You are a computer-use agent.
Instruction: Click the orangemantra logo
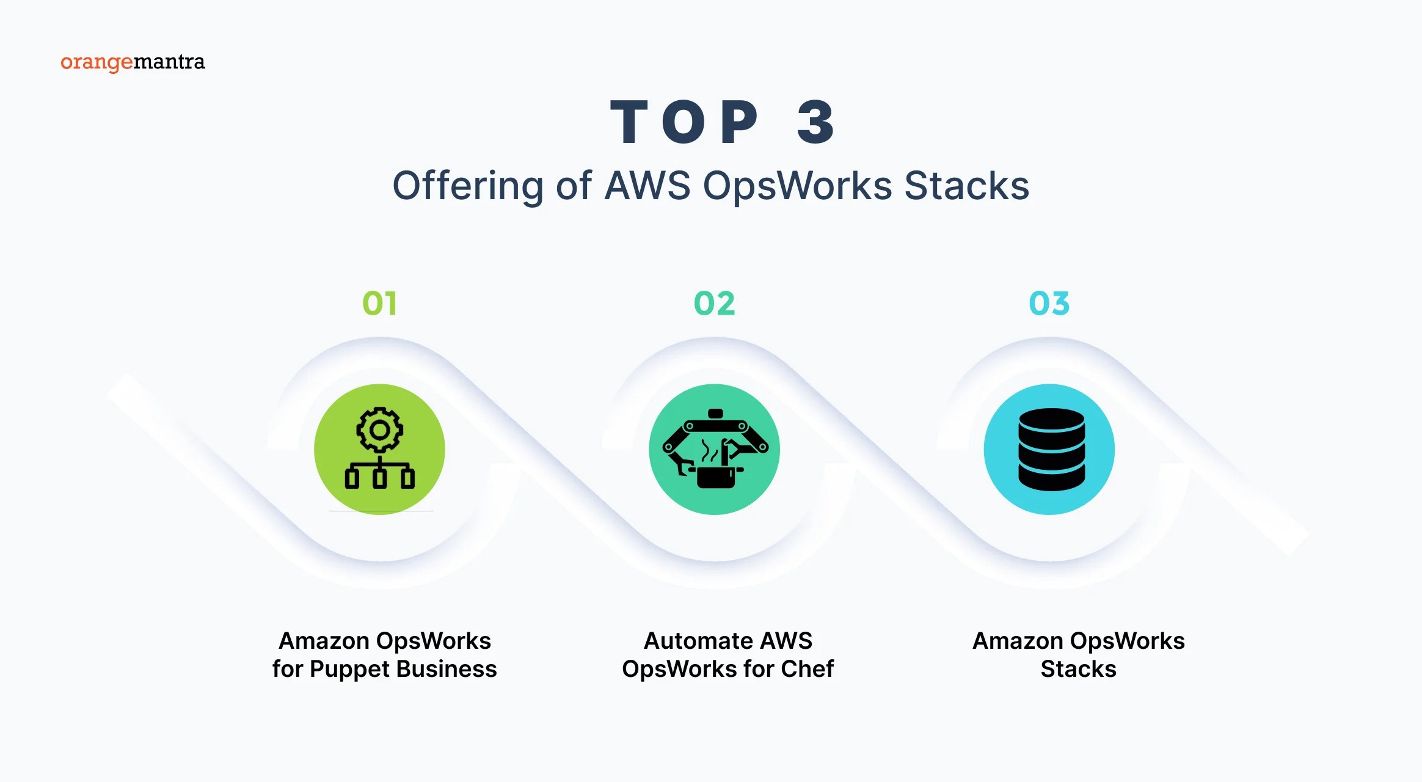tap(133, 62)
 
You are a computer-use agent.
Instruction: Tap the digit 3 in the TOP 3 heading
tap(816, 123)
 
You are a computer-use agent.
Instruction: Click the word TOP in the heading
tap(684, 123)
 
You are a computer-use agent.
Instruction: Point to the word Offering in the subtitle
tap(467, 186)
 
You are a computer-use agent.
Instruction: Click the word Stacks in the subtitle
tap(966, 186)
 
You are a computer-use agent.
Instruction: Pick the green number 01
tap(379, 304)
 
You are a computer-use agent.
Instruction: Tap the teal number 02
tap(714, 304)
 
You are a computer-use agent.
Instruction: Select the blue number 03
tap(1049, 304)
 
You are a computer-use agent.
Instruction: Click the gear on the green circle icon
tap(380, 430)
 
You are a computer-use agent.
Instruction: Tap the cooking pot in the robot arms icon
tap(716, 476)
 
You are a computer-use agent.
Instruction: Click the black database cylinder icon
tap(1051, 450)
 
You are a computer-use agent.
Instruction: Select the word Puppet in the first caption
tap(349, 669)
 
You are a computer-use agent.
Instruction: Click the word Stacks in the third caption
tap(1078, 669)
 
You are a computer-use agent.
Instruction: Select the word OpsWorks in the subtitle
tap(797, 186)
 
